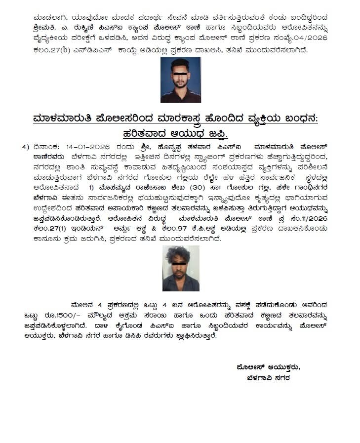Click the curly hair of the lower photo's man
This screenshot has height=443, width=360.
click(x=180, y=256)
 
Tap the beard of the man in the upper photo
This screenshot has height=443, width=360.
click(x=180, y=83)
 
